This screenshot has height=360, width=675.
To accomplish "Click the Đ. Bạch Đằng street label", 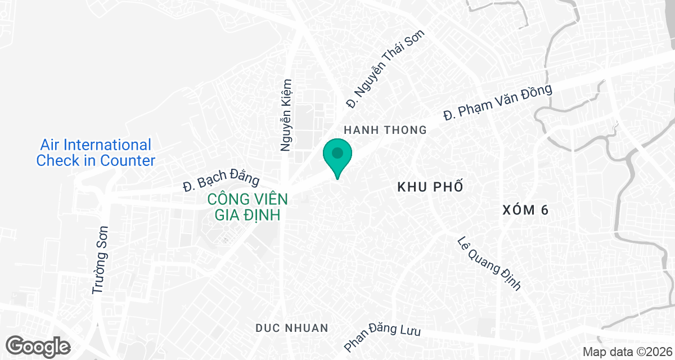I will pos(221,178).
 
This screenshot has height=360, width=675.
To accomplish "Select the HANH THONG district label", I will pos(385,130).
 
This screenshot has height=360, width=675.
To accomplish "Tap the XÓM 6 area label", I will pos(525,210).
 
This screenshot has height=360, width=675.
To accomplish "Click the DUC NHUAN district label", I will pos(291,327).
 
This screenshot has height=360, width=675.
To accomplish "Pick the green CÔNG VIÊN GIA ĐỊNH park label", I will pos(247,207).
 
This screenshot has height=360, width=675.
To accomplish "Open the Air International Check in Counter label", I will pos(96,152).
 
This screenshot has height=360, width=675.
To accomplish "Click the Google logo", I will pos(38,345).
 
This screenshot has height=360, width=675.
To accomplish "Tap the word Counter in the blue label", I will pos(128,160).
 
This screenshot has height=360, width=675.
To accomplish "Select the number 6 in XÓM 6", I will pos(544,210).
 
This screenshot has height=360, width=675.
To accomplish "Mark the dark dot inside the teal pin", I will pos(337,152).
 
